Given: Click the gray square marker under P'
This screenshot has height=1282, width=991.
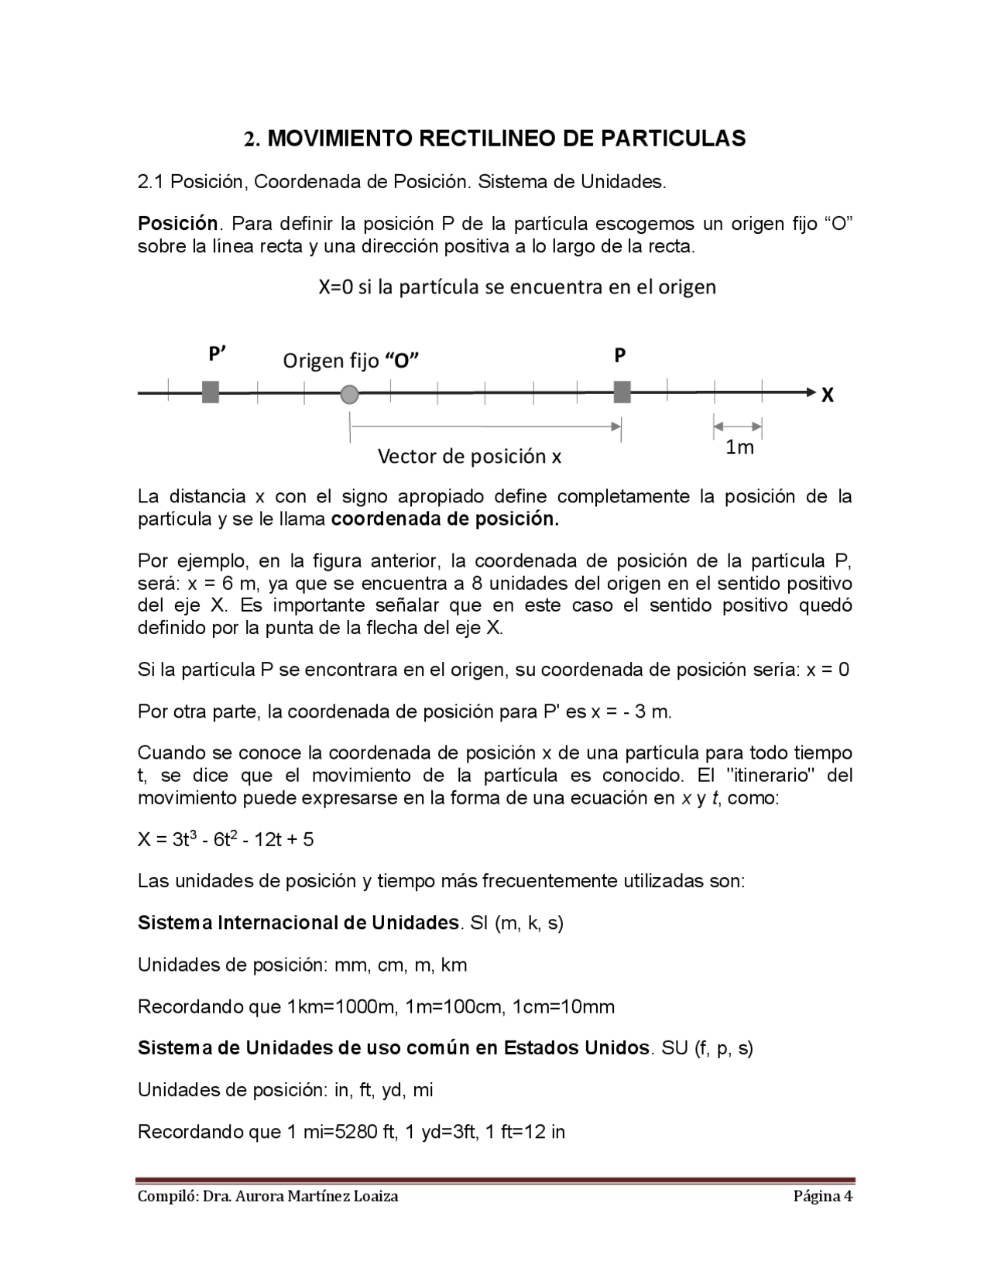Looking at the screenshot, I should point(210,392).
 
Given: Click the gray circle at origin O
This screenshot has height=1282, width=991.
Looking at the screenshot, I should point(349,394).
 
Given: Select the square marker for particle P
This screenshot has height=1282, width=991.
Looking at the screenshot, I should point(621,392).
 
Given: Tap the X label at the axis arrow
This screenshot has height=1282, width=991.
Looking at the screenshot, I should point(827,396).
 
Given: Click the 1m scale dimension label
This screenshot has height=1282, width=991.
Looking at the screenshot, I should point(739,447).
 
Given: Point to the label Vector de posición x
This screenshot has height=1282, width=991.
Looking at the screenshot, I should point(469,457).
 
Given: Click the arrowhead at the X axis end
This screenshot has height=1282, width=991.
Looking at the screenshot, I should point(810,392).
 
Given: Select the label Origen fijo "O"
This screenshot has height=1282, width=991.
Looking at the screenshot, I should point(351,361).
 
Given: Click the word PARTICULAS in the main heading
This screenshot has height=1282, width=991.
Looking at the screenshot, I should point(674,139).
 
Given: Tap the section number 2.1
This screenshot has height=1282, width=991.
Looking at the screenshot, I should point(151,182).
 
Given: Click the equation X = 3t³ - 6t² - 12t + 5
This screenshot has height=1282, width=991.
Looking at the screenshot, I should point(225,840).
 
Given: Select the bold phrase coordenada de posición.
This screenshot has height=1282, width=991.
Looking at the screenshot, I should point(444,519).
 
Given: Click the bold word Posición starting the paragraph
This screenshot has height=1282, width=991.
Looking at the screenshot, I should point(178,225).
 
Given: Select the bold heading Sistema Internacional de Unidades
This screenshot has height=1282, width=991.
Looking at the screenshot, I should point(298,924).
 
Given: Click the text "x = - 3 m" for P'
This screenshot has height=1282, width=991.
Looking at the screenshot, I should point(631,711).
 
